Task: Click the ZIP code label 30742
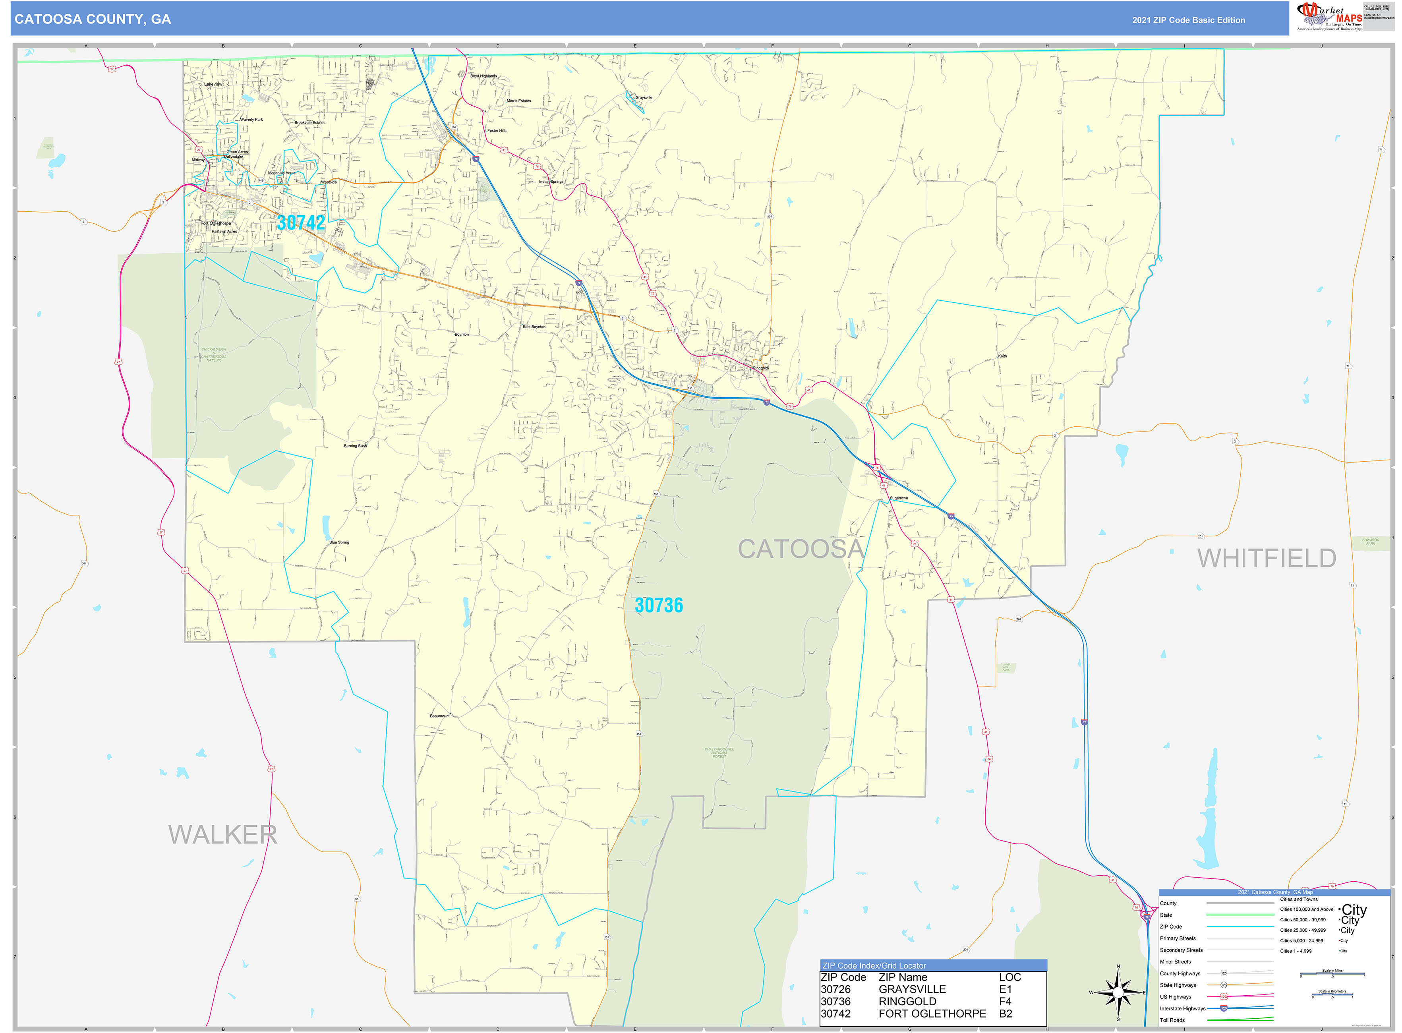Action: coord(301,222)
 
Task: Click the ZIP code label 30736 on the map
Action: coord(658,605)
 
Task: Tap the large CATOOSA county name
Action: coord(801,549)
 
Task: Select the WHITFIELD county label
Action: coord(1266,558)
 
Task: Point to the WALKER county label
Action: coord(222,835)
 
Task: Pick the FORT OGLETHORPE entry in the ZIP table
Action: coord(932,1014)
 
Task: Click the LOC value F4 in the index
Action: coord(1005,1002)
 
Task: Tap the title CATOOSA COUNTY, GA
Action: coord(93,19)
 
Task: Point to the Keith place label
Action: coord(1002,356)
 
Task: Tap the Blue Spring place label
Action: coord(339,543)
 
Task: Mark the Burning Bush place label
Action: coord(355,446)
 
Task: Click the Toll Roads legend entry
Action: coord(1172,1021)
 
